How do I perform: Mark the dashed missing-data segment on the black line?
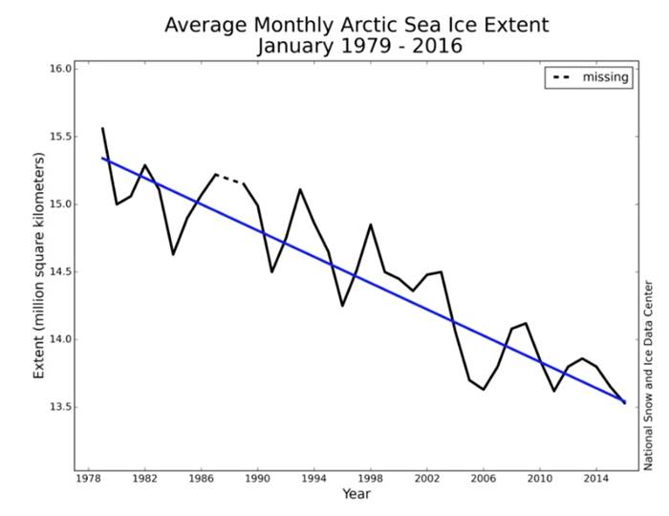229,179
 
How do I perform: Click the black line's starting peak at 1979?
102,128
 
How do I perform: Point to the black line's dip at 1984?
173,254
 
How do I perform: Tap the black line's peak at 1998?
371,225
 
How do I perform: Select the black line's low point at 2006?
484,389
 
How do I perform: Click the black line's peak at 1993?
300,189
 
